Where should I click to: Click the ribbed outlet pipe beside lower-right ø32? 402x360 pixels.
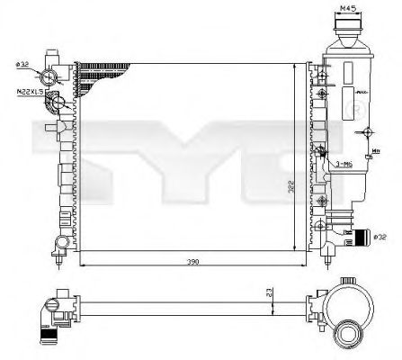[361, 238]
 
